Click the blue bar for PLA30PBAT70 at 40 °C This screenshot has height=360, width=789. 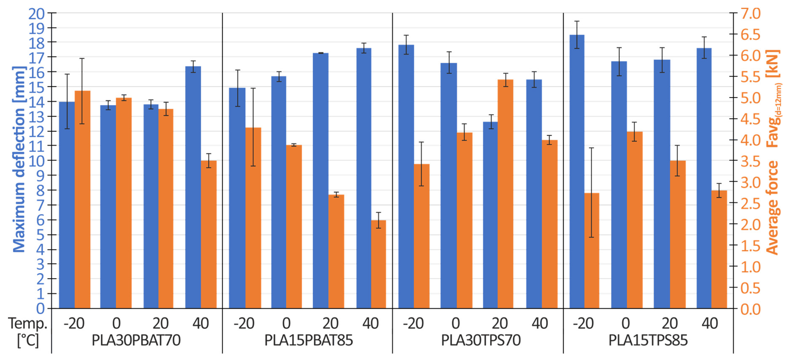pyautogui.click(x=193, y=187)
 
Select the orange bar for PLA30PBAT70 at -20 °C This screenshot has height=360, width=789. pyautogui.click(x=82, y=199)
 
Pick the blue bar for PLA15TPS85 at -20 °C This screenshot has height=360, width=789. pyautogui.click(x=577, y=172)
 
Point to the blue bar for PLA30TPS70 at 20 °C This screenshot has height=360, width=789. pyautogui.click(x=490, y=214)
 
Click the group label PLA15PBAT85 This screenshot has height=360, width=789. pyautogui.click(x=308, y=340)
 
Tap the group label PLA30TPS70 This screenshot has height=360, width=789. pyautogui.click(x=481, y=340)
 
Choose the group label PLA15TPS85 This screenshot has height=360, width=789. pyautogui.click(x=648, y=340)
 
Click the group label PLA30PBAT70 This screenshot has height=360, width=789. pyautogui.click(x=136, y=340)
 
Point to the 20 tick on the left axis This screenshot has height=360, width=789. pyautogui.click(x=36, y=14)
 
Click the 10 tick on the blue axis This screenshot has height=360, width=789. pyautogui.click(x=36, y=161)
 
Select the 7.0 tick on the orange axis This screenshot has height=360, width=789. pyautogui.click(x=750, y=14)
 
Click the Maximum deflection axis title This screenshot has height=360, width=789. pyautogui.click(x=19, y=159)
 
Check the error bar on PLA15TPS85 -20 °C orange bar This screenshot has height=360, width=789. pyautogui.click(x=591, y=192)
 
